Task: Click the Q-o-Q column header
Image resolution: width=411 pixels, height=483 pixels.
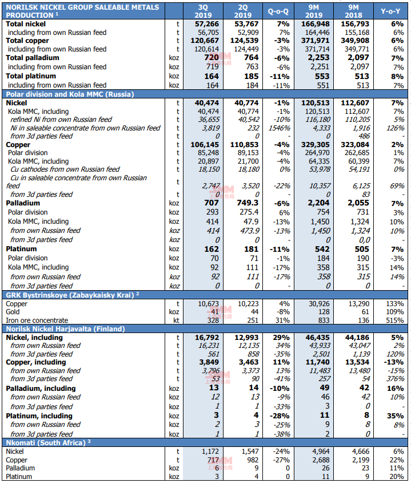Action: (278, 11)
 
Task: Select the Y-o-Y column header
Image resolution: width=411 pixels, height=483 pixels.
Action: (390, 11)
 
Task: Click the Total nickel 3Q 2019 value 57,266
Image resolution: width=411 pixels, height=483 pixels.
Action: (207, 24)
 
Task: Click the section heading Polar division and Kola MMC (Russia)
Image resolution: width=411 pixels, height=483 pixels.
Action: (70, 94)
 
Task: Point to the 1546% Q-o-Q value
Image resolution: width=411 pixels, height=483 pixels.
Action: (279, 128)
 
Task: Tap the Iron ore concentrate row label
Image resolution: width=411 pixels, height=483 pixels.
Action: (37, 320)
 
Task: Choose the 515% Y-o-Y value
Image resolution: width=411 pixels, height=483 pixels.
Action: (395, 320)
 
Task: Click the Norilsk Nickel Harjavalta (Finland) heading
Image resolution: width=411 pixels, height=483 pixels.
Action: (65, 328)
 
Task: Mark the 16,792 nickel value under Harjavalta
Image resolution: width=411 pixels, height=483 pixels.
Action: (207, 338)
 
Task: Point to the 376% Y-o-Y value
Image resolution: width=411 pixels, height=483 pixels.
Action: (396, 379)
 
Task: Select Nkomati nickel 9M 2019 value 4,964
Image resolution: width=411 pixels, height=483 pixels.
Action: (321, 452)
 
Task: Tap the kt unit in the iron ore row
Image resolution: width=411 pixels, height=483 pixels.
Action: (176, 320)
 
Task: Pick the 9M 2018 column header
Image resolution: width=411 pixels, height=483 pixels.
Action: (353, 11)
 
